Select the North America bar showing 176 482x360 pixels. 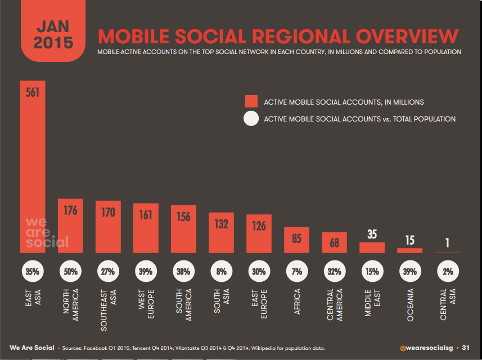tap(70, 225)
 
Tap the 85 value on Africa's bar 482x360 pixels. tap(297, 238)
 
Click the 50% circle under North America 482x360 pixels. tap(70, 271)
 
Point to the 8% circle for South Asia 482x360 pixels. tap(221, 271)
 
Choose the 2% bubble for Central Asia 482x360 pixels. tap(448, 271)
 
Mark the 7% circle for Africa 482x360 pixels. tap(297, 271)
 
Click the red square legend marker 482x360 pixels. tap(251, 102)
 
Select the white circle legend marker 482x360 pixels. tap(251, 119)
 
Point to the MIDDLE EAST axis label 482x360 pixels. tap(372, 303)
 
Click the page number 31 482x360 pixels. tap(466, 348)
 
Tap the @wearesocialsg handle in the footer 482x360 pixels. tap(427, 348)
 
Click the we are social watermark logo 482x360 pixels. tap(46, 232)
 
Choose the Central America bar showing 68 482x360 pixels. tap(334, 242)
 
